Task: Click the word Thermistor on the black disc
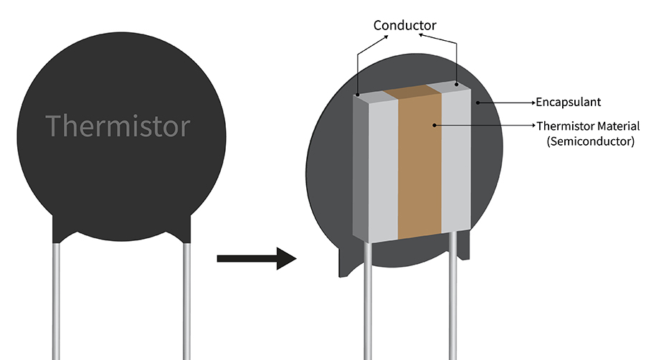pos(118,125)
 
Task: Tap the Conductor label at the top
pos(404,25)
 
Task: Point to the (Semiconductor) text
pos(590,141)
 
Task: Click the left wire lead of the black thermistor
pos(57,301)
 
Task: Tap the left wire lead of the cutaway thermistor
pos(367,301)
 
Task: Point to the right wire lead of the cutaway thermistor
pos(454,301)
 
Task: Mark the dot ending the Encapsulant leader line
pos(479,103)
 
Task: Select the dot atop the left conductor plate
pos(357,93)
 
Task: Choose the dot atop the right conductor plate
pos(457,85)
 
